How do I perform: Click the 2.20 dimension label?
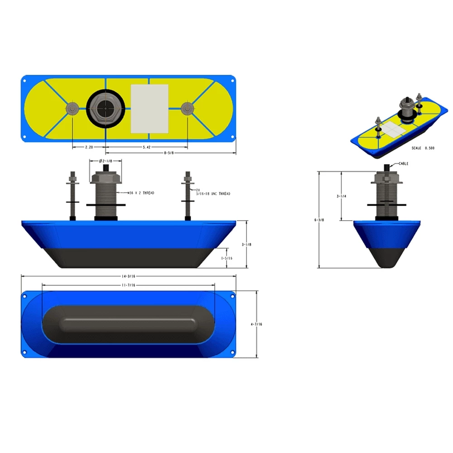point(89,147)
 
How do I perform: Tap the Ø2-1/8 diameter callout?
point(106,161)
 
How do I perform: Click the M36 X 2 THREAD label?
point(141,193)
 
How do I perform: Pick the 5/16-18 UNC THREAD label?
point(212,194)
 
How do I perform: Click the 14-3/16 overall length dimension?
point(129,276)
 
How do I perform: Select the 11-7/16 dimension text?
point(129,285)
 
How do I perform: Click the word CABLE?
point(403,164)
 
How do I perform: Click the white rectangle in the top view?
point(149,109)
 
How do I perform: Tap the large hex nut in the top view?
point(105,109)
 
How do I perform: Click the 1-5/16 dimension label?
point(226,258)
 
